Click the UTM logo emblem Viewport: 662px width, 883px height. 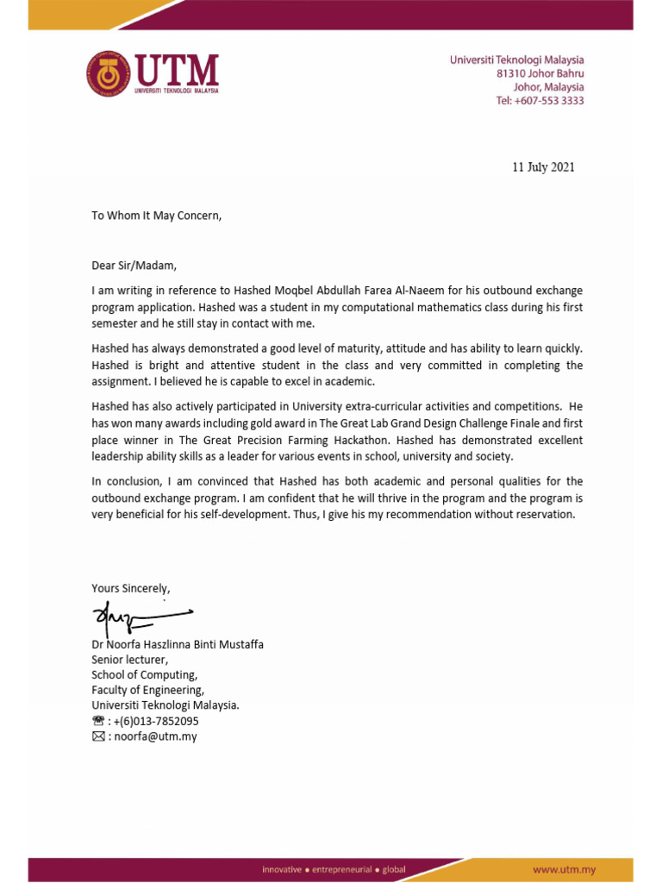107,73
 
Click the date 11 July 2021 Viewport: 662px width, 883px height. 543,167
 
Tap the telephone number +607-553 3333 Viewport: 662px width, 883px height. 540,101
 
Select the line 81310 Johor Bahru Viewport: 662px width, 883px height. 540,74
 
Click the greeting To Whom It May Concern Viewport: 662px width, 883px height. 157,216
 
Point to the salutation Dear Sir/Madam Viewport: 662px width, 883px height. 134,266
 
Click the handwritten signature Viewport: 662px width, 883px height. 138,617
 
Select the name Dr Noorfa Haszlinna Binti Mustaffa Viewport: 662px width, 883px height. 178,644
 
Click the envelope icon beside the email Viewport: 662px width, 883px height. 98,736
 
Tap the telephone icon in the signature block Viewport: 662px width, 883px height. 98,721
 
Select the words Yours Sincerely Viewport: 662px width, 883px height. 131,588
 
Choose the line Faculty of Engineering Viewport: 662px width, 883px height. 148,690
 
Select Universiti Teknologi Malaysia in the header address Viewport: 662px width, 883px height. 516,60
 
